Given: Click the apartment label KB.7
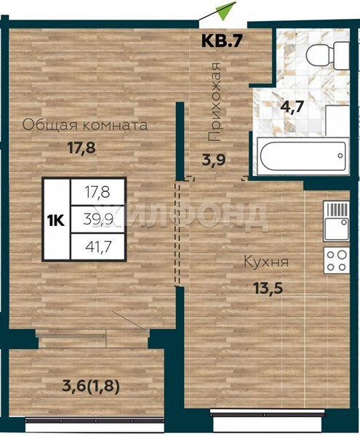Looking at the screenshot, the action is [x=220, y=41].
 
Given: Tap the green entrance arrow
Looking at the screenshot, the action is [x=226, y=10].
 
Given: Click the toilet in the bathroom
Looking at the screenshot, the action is [x=327, y=56].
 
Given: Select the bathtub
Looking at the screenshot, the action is [x=303, y=156].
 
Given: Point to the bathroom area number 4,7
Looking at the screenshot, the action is [x=292, y=107].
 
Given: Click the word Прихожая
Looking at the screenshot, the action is [x=215, y=102].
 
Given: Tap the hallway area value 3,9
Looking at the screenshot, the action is [x=214, y=160].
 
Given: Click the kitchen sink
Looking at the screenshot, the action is [x=336, y=221].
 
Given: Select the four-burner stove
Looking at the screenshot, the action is [x=336, y=259].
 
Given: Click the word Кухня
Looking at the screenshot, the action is [x=266, y=262].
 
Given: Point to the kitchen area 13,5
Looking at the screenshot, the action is [x=268, y=288].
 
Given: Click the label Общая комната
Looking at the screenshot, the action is [x=85, y=126].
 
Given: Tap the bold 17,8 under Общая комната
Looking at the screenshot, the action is [x=81, y=148].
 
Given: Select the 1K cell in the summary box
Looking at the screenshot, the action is [x=56, y=219].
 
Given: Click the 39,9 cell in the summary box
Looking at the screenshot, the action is [x=97, y=219].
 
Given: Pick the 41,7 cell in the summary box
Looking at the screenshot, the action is [x=97, y=246].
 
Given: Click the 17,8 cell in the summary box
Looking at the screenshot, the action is [x=97, y=192].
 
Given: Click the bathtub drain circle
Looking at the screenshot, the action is [x=340, y=156].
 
